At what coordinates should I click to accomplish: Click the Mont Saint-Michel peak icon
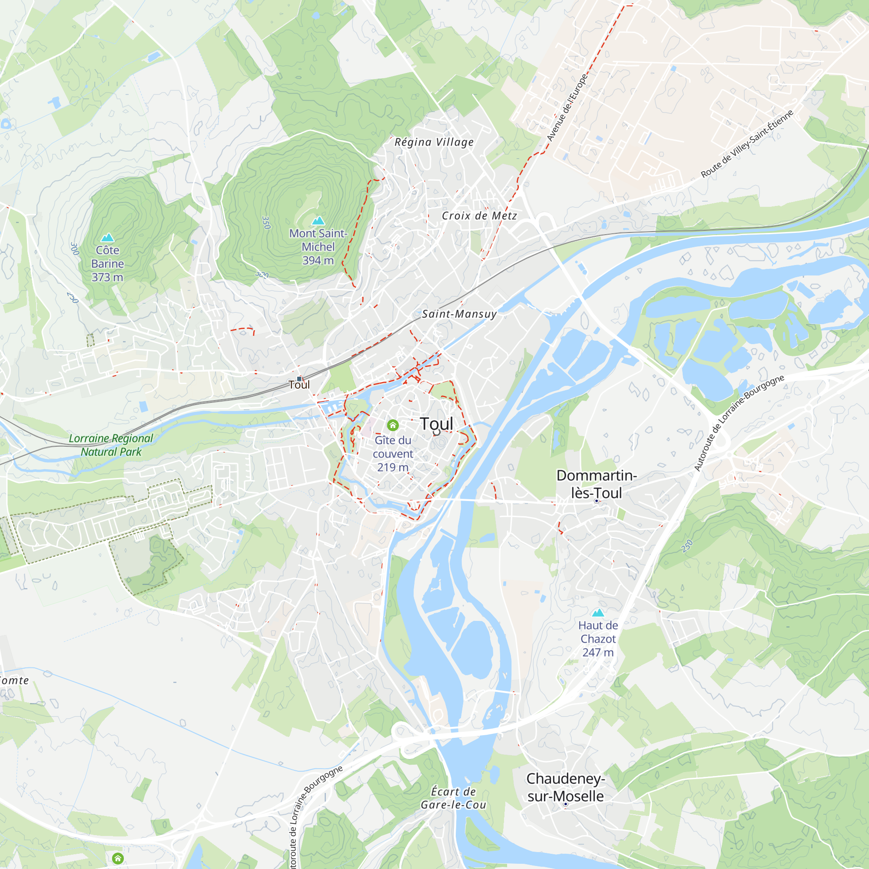click(318, 220)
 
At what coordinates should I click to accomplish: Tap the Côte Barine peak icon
click(107, 238)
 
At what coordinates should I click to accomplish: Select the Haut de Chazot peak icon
click(598, 613)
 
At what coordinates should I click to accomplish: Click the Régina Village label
click(434, 142)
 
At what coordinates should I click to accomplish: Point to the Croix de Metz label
click(479, 216)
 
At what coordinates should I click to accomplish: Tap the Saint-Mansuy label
click(459, 314)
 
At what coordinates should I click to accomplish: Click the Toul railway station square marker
click(299, 379)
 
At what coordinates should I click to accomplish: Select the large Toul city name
click(436, 424)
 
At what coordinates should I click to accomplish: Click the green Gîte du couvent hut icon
click(393, 425)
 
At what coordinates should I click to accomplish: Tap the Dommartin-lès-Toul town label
click(597, 484)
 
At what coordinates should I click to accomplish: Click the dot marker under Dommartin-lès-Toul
click(597, 501)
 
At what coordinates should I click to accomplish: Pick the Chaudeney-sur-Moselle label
click(565, 787)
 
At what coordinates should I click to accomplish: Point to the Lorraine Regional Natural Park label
click(111, 445)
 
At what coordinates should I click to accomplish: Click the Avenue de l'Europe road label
click(567, 108)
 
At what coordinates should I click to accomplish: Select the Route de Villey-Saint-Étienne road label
click(746, 144)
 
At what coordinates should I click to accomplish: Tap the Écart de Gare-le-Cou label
click(453, 798)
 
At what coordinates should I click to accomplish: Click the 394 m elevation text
click(318, 260)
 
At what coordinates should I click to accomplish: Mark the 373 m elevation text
click(107, 277)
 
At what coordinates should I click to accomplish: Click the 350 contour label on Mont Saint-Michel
click(266, 222)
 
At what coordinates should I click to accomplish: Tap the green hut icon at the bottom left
click(118, 858)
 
